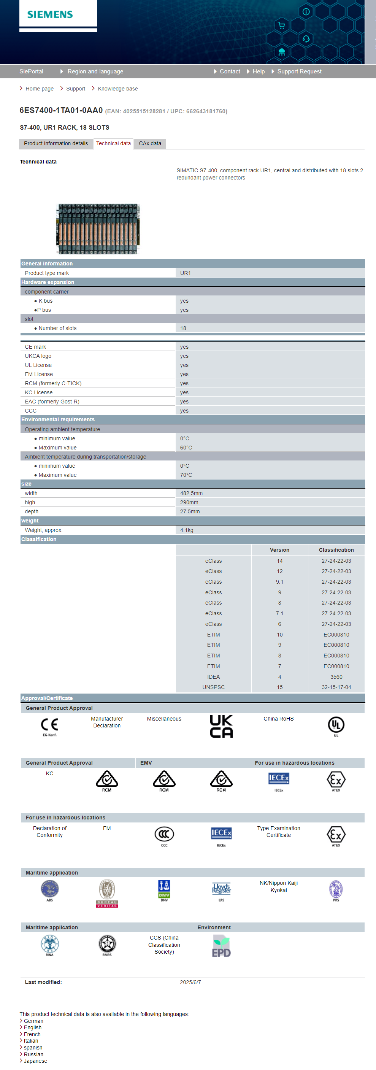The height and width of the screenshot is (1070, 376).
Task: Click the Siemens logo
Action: (50, 14)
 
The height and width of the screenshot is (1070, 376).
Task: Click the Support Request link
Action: (299, 71)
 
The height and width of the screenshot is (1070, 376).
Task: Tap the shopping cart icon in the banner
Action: (281, 25)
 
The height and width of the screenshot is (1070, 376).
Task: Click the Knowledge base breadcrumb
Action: (117, 89)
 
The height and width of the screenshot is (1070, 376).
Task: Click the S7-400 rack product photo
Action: (98, 229)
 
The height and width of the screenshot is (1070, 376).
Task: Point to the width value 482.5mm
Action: (191, 493)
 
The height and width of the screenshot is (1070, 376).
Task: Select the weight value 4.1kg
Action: (187, 530)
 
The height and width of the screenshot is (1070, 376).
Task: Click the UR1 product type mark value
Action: (185, 273)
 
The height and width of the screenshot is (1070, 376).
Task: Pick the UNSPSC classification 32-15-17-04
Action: (336, 687)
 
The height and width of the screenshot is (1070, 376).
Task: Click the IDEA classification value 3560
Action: (336, 677)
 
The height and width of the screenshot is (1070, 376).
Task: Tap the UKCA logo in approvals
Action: (221, 726)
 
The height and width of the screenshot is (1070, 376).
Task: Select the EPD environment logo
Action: (221, 946)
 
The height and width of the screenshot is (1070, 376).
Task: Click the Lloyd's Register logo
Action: (221, 889)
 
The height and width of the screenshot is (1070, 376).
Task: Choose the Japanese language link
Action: (35, 1061)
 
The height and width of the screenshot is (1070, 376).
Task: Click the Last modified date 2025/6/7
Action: (190, 982)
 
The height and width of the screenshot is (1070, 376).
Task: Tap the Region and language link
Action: (95, 71)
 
